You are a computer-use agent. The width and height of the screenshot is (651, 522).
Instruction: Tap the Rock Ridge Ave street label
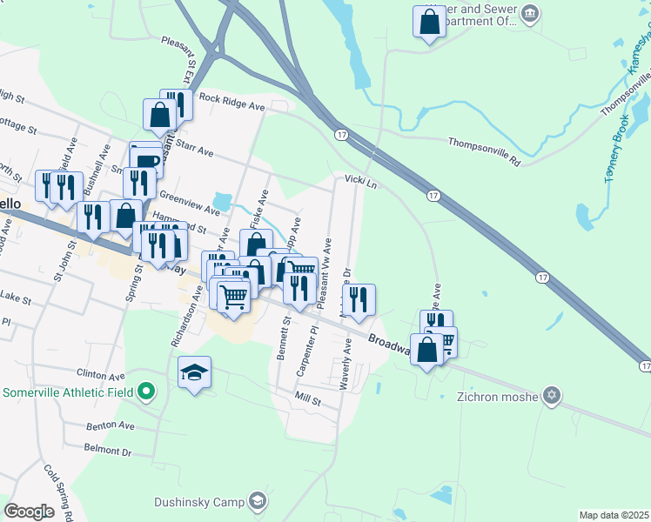[x=232, y=102]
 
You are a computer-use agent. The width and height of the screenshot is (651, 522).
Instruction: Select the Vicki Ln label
[x=361, y=181]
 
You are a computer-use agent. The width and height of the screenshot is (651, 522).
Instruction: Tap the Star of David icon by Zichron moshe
[x=549, y=396]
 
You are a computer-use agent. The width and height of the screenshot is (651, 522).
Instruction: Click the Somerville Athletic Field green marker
[x=147, y=392]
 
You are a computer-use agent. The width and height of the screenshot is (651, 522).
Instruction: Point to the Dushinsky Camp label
[x=199, y=501]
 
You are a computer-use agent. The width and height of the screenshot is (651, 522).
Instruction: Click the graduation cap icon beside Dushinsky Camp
[x=257, y=500]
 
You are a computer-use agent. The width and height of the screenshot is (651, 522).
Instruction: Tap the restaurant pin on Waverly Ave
[x=359, y=299]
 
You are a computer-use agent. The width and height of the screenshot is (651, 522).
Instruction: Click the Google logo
[x=29, y=511]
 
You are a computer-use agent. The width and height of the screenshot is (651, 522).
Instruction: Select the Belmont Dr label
[x=107, y=452]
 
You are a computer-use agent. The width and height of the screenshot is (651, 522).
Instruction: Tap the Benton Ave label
[x=110, y=426]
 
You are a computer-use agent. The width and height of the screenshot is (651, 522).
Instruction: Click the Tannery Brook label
[x=615, y=149]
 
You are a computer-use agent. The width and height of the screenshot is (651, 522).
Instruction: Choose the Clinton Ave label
[x=101, y=376]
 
